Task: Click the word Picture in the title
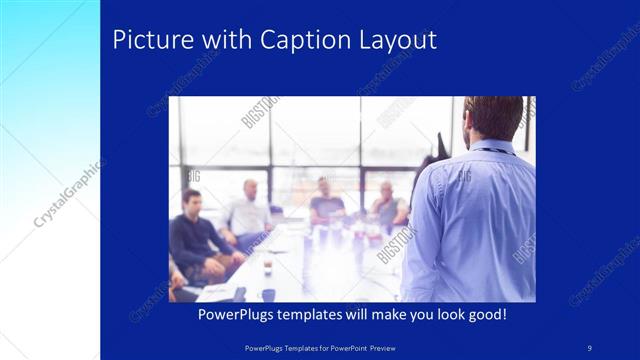click(147, 41)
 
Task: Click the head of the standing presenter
click(492, 118)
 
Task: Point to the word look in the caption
click(452, 315)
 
